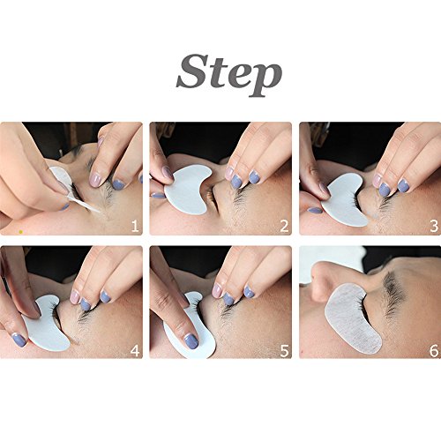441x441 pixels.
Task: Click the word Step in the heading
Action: pos(229,75)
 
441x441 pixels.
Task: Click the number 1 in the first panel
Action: pos(135,226)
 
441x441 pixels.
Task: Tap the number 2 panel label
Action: pos(284,226)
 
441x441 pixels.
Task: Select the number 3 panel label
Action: pos(434,226)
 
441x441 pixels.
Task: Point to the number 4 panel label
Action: pos(135,350)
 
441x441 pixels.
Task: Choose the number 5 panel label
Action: pos(284,350)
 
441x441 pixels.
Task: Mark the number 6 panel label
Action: pos(434,350)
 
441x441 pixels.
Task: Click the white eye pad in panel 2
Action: pos(185,191)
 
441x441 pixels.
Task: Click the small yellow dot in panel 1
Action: pos(20,232)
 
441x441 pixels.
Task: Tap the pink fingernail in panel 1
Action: pos(95,180)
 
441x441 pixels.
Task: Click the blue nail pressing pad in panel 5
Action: pos(191,341)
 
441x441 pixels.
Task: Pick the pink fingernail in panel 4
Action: pos(74,297)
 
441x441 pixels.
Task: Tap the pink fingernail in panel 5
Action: pos(217,290)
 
